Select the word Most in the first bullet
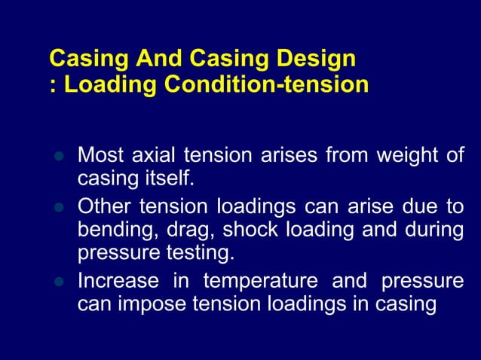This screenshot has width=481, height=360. [x=100, y=157]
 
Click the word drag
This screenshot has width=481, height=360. [x=179, y=230]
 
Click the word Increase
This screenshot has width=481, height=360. [x=118, y=281]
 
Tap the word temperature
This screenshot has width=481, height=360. [x=260, y=281]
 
